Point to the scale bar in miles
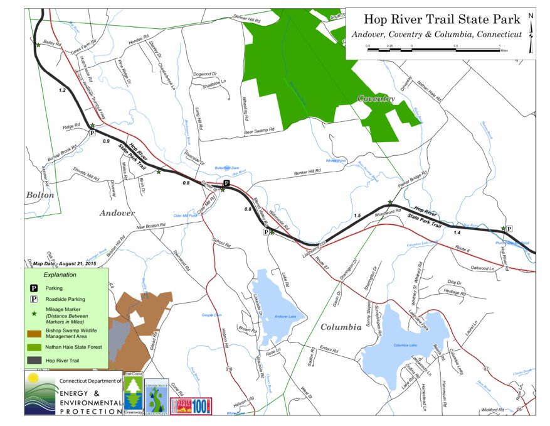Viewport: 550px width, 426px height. pyautogui.click(x=433, y=48)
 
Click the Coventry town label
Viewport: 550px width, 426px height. pyautogui.click(x=376, y=99)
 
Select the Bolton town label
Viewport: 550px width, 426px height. pyautogui.click(x=40, y=195)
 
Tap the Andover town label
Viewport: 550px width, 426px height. pyautogui.click(x=117, y=213)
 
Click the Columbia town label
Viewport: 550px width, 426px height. pyautogui.click(x=341, y=327)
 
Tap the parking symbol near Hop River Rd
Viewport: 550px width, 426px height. pyautogui.click(x=509, y=229)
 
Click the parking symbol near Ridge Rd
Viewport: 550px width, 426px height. pyautogui.click(x=92, y=133)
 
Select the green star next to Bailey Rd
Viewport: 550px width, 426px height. pyautogui.click(x=38, y=45)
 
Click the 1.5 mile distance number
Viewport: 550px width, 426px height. pyautogui.click(x=357, y=216)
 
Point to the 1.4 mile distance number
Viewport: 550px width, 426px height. pyautogui.click(x=457, y=232)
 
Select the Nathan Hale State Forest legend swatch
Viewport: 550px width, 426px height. pyautogui.click(x=34, y=347)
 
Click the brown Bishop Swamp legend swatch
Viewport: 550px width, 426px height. pyautogui.click(x=34, y=332)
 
